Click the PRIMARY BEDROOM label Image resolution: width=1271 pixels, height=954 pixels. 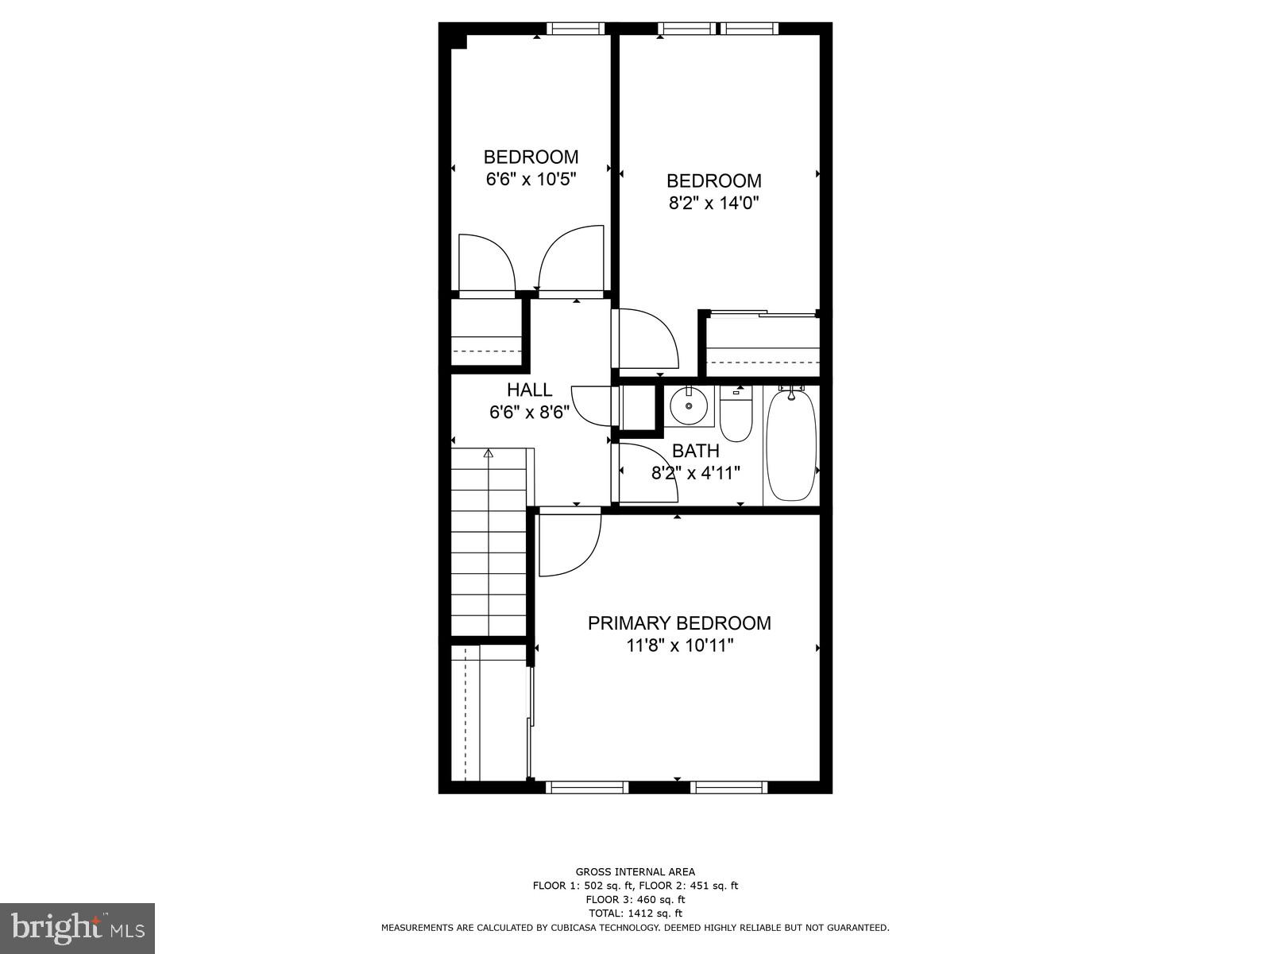pos(678,623)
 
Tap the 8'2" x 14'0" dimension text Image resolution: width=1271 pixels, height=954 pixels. pos(713,203)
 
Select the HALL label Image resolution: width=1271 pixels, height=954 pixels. pos(529,390)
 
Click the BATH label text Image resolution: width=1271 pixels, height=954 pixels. pos(695,451)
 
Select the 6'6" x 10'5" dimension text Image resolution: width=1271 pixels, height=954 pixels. pos(531,179)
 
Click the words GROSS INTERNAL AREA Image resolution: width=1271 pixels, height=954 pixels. pos(635,872)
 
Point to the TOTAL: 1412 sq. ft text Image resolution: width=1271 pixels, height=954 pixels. pos(635,913)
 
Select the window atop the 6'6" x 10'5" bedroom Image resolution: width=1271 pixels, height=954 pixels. pos(575,29)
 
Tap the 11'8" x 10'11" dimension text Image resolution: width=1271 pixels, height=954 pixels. pos(678,646)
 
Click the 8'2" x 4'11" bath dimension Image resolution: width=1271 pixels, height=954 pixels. pos(696,473)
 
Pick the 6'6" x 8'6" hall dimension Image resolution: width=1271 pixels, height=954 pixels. pos(529,412)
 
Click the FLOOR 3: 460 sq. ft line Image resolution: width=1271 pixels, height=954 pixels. pos(635,899)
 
